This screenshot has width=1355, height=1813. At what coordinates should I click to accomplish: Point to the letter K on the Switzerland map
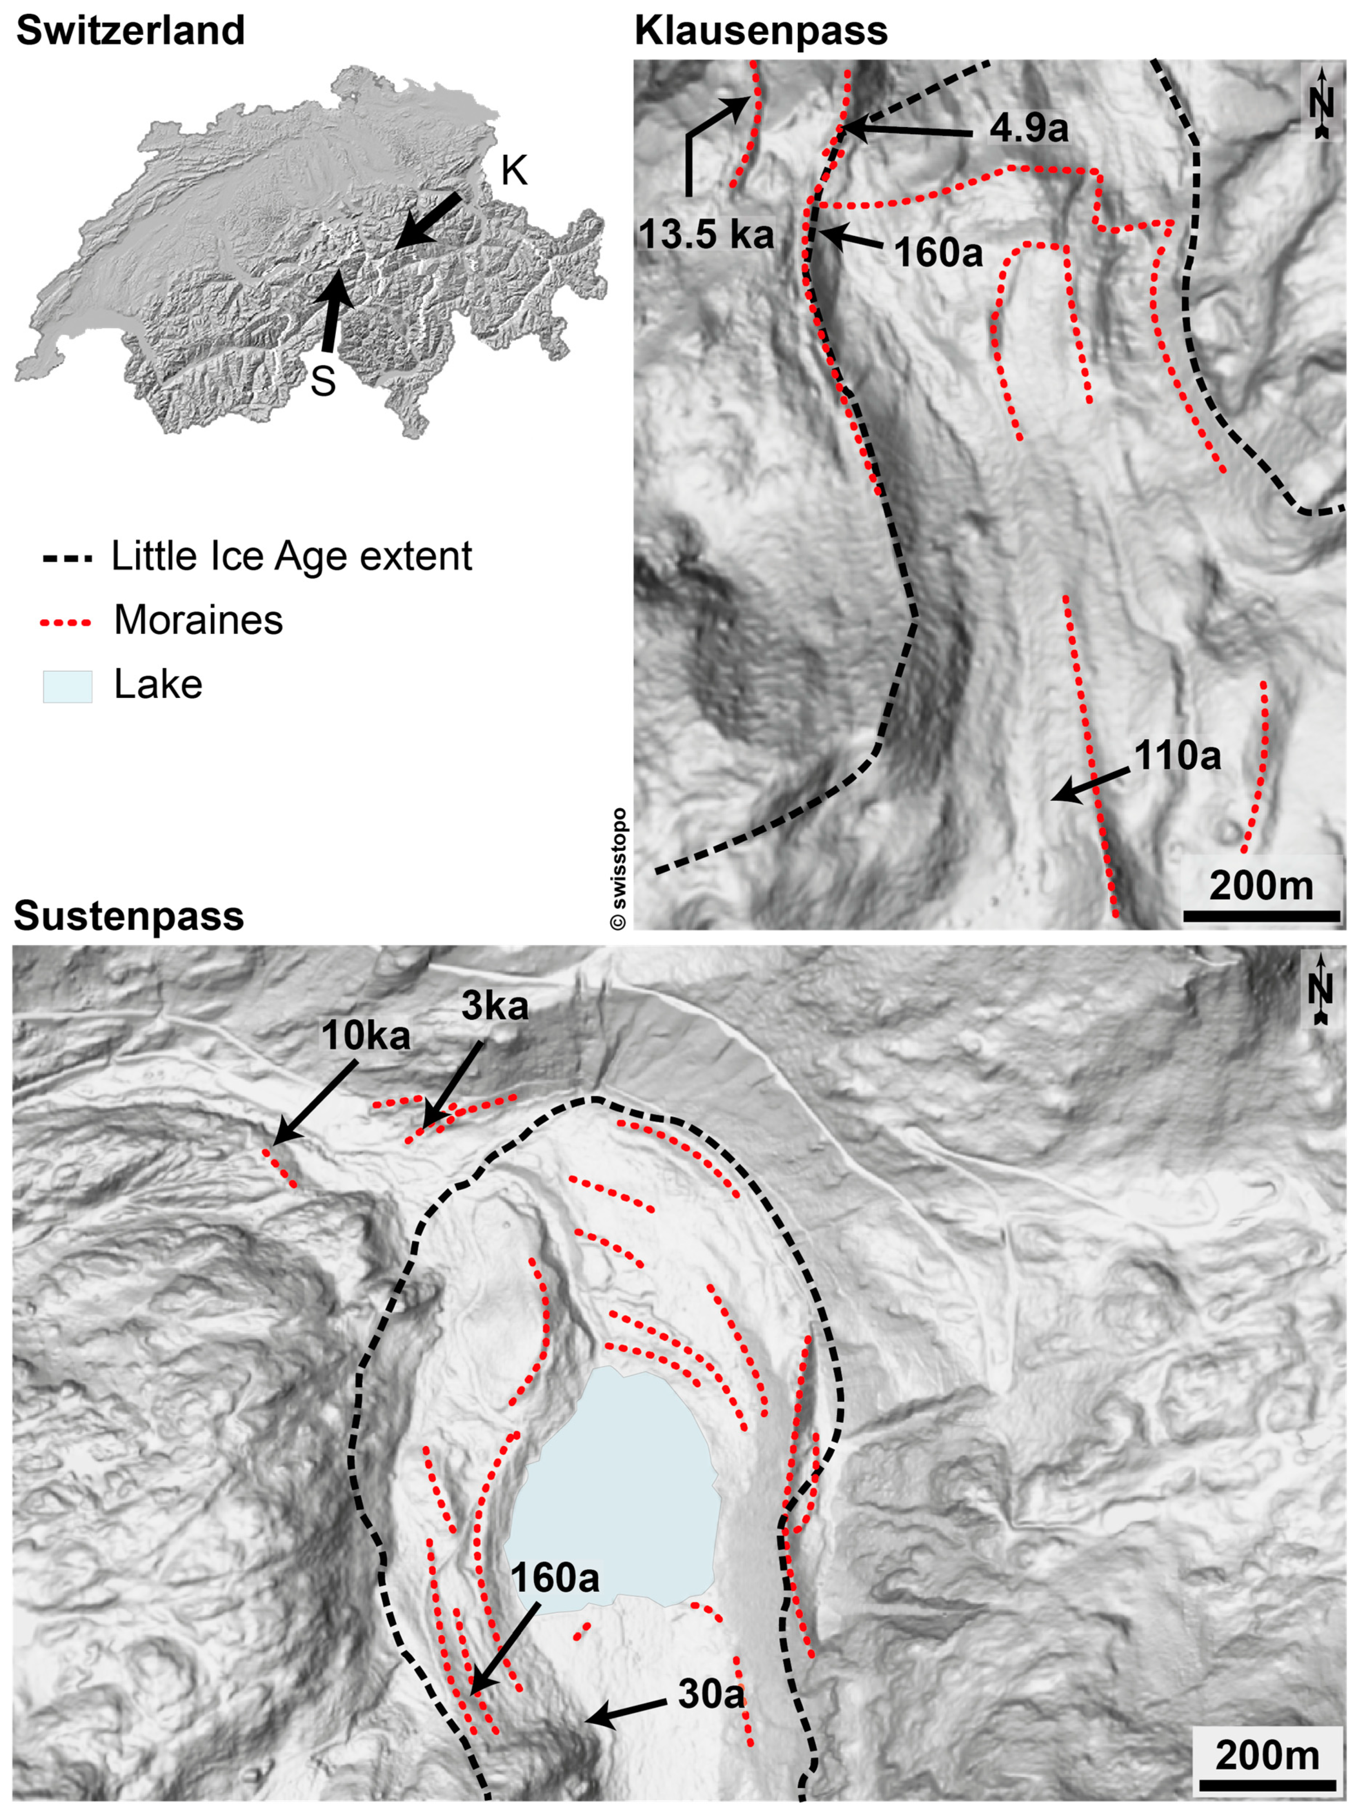click(514, 171)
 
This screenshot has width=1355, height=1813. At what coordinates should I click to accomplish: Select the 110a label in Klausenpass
click(1177, 755)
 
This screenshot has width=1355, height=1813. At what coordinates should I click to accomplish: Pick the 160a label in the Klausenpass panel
click(938, 253)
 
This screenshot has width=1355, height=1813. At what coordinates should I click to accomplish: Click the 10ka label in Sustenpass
click(365, 1037)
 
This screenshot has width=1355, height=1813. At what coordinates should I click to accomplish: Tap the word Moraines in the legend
click(198, 621)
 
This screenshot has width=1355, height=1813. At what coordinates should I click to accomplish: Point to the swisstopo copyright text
click(619, 869)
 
